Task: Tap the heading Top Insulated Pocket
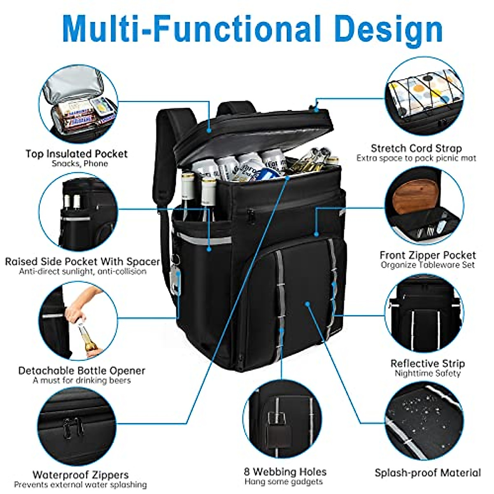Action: [x=77, y=154]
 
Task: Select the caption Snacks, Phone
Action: [x=80, y=164]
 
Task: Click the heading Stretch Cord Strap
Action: [x=416, y=148]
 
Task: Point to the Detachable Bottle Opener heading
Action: [x=82, y=370]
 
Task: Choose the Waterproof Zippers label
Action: [x=81, y=475]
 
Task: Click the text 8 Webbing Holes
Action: [x=285, y=472]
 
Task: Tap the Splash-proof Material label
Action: [x=427, y=473]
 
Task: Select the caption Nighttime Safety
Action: [x=427, y=373]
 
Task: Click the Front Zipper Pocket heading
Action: [x=427, y=255]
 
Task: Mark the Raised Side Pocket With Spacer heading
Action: [x=82, y=262]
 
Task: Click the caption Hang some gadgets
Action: [x=284, y=482]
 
